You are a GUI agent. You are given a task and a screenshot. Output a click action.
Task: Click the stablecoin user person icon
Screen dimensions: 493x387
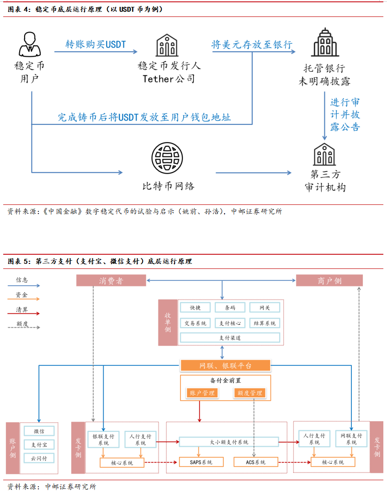29,44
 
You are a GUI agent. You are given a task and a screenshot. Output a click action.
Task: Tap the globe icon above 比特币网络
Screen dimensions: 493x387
167,158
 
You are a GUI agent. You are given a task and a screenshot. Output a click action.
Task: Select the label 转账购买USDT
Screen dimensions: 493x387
95,44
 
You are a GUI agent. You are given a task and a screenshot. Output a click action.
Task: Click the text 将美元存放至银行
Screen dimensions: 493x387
252,44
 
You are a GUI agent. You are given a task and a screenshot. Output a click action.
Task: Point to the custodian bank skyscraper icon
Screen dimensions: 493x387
325,42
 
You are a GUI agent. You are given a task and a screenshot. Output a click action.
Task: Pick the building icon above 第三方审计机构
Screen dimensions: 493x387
325,155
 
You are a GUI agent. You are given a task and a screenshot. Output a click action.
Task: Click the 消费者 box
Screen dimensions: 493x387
111,280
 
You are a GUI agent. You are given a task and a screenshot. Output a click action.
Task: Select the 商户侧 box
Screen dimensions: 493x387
329,280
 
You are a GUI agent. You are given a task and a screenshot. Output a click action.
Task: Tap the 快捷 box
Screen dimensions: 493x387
196,308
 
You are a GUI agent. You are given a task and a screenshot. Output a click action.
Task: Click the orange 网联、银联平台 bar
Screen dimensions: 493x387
225,365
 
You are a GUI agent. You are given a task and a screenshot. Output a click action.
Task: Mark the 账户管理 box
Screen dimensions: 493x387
202,393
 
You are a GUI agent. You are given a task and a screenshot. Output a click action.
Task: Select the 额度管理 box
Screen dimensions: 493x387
249,393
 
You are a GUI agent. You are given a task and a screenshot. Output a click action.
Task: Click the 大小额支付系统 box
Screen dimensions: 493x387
229,442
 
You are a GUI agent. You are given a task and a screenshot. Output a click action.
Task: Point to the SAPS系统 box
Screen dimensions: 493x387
201,462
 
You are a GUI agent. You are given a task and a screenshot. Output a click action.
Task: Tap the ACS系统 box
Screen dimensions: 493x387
256,462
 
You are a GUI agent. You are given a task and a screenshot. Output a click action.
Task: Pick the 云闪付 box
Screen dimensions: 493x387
39,458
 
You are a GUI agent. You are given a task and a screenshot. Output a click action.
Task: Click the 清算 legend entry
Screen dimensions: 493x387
22,310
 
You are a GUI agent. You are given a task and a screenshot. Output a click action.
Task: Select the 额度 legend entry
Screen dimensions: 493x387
22,324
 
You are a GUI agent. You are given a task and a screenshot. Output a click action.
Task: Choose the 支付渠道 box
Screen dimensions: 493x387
230,338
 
